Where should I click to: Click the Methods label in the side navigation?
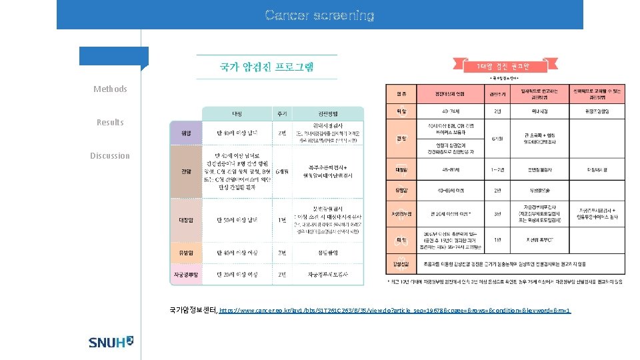click(x=110, y=89)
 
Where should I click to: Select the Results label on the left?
click(x=110, y=122)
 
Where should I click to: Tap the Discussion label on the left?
click(x=110, y=155)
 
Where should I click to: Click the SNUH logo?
click(x=111, y=342)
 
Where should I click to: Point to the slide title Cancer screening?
click(x=319, y=15)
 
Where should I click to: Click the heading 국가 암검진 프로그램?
click(x=267, y=67)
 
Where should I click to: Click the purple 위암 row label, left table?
click(x=186, y=133)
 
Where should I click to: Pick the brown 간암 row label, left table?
click(x=186, y=171)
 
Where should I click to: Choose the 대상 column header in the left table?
click(x=236, y=114)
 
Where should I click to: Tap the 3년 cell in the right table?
click(x=496, y=214)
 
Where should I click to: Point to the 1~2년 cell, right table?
click(x=496, y=169)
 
